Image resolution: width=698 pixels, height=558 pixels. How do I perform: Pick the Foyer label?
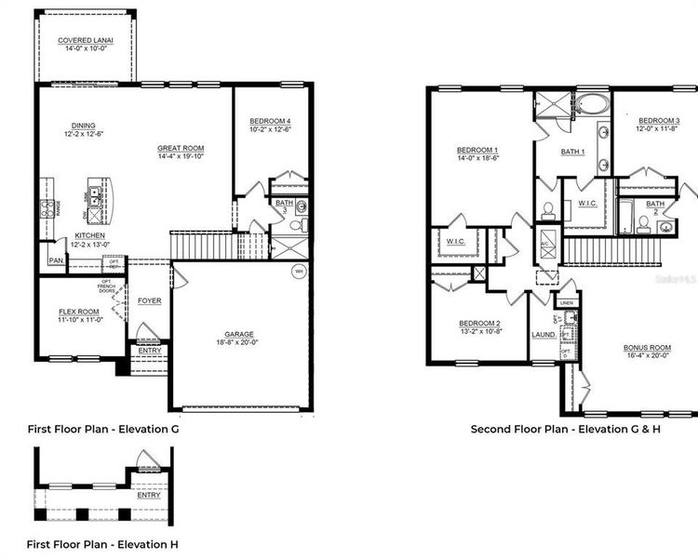point(149,301)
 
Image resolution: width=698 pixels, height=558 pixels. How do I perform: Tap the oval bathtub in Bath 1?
point(590,102)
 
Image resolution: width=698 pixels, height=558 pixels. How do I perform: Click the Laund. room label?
point(544,335)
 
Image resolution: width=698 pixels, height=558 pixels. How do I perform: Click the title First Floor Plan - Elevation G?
point(102,430)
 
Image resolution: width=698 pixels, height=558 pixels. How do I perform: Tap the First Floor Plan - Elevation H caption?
point(102,543)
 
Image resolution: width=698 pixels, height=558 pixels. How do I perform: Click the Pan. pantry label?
point(56,261)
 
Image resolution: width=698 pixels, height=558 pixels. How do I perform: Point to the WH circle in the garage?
point(299,272)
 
